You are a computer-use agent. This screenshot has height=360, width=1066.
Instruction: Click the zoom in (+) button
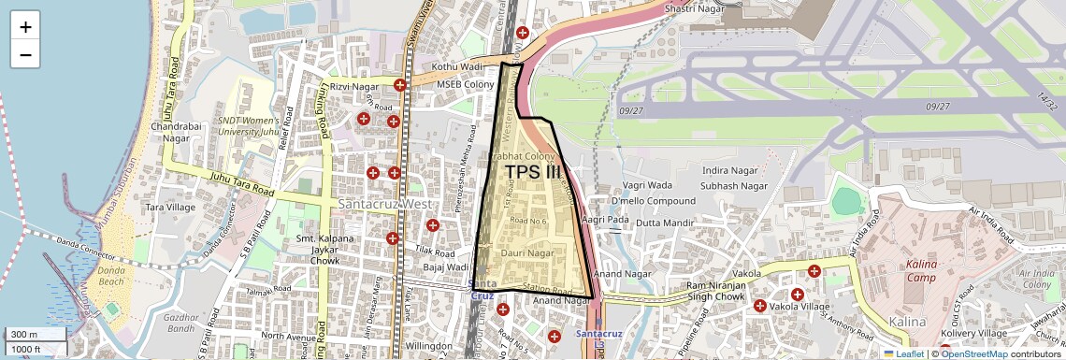[25, 26]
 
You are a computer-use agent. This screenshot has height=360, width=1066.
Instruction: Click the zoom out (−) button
[25, 54]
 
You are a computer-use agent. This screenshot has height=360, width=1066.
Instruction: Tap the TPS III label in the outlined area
[533, 172]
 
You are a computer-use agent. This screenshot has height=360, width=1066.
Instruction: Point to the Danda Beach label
[111, 275]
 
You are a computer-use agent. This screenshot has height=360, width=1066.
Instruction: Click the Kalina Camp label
[921, 271]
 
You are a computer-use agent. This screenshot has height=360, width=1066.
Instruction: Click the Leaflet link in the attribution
[903, 353]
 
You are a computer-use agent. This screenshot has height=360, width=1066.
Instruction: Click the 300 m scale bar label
[23, 335]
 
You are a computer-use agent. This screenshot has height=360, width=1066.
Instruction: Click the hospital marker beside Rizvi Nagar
[400, 85]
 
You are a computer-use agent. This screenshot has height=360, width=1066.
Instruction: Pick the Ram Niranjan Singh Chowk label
[727, 291]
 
